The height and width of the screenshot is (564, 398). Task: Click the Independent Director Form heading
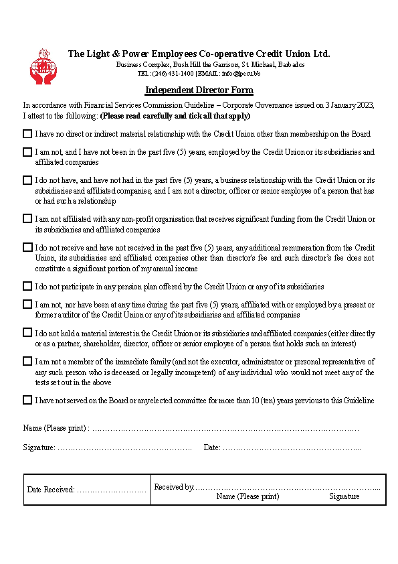199,90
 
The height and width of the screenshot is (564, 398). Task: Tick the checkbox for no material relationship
27,134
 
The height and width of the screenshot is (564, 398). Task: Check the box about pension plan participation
27,286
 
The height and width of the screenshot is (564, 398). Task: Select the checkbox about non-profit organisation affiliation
27,218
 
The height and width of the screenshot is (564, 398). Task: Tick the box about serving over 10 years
27,400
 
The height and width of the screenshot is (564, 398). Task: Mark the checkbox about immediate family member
27,361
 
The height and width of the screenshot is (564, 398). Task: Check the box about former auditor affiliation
27,304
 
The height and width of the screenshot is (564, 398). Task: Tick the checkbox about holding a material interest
27,332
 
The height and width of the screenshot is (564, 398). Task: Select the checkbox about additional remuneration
27,247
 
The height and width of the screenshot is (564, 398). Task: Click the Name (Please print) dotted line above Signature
225,428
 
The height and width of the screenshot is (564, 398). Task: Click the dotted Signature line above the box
124,447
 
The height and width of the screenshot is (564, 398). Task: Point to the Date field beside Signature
292,447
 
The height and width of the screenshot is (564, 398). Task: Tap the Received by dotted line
288,487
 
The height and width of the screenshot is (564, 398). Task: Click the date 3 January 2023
349,105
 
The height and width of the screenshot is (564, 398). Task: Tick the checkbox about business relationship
27,180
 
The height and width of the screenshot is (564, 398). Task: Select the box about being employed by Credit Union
27,152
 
